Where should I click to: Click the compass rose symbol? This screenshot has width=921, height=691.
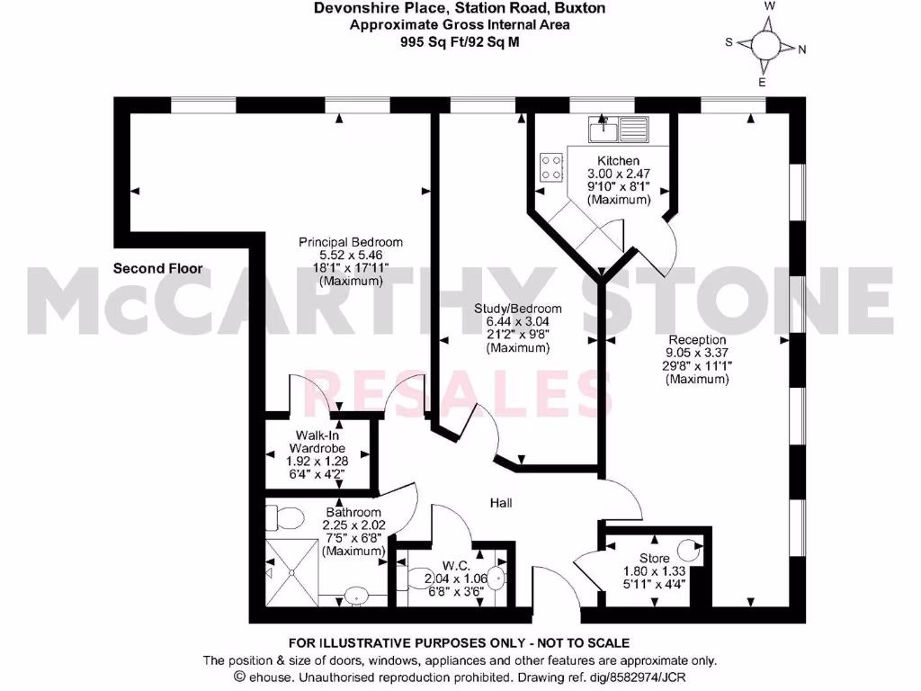[766, 43]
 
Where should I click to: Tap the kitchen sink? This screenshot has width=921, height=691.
[619, 130]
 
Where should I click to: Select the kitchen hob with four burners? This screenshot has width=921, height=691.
[551, 168]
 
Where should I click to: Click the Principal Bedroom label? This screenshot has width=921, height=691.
[351, 242]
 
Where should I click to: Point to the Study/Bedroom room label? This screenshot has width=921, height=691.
[518, 309]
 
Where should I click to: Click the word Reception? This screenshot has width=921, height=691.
[696, 339]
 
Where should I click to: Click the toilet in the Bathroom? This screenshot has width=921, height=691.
[285, 519]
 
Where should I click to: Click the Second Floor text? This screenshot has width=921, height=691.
[158, 268]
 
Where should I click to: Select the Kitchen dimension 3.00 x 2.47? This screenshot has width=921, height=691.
[619, 174]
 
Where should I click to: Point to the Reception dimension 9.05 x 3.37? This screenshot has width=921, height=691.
[696, 353]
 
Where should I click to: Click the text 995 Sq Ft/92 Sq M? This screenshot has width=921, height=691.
[460, 40]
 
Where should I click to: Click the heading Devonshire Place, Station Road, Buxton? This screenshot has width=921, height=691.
[460, 8]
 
